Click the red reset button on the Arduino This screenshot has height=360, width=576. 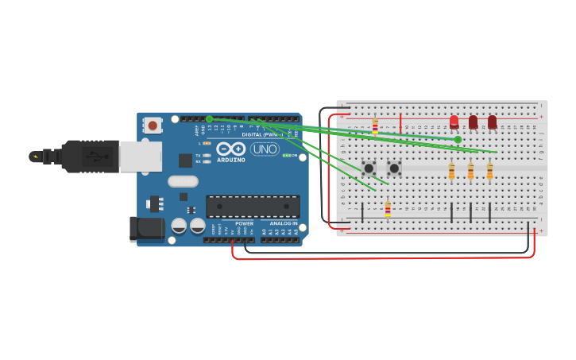point(153,125)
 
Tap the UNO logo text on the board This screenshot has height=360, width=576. point(265,149)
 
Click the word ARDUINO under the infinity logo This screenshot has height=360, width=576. point(231,160)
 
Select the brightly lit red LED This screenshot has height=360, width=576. point(454,122)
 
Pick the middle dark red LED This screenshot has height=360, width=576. point(473,122)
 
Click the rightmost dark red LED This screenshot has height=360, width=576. point(492,122)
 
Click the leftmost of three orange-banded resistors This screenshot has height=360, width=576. point(451,171)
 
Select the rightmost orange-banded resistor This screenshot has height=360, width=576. point(489,171)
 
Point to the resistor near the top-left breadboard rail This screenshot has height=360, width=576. point(375,127)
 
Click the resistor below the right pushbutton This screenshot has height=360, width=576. point(388,209)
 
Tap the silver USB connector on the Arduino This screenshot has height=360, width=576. point(140,156)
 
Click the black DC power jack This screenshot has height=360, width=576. point(146,229)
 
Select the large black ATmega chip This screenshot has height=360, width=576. point(253,207)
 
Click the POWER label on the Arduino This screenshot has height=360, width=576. point(245,224)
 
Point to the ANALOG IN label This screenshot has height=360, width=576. point(283,224)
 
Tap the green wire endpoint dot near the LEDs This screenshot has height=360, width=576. point(458,139)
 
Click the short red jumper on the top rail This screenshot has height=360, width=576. point(400,122)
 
